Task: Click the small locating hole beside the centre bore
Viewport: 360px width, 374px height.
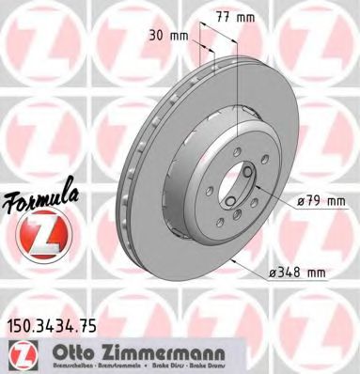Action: click(x=247, y=170)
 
